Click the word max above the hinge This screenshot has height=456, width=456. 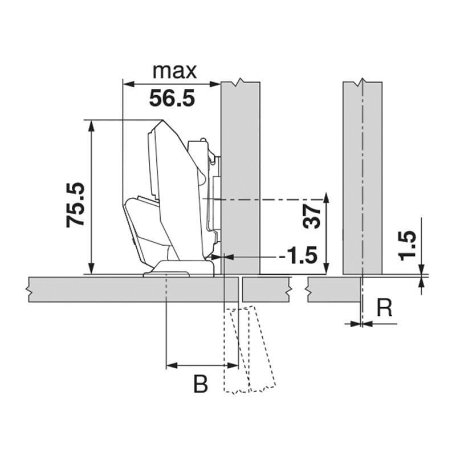[x=174, y=71]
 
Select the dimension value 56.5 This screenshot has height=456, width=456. [x=172, y=98]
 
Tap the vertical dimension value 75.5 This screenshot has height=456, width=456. [x=75, y=205]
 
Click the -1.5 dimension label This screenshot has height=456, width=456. [x=298, y=256]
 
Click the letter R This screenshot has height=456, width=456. [x=384, y=308]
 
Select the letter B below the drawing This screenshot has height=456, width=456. [x=201, y=384]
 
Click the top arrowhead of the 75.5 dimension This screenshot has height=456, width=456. [x=91, y=125]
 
